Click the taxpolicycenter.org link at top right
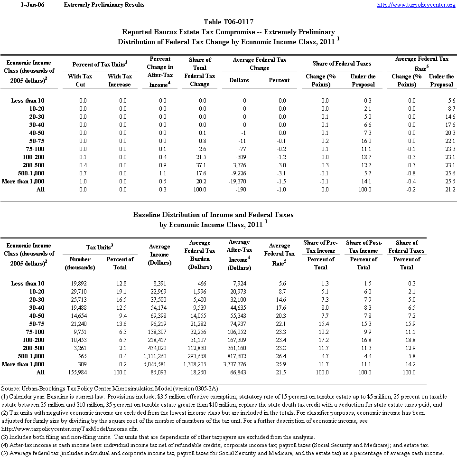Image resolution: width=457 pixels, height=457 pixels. (416, 5)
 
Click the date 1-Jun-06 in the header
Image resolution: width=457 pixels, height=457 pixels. (29, 5)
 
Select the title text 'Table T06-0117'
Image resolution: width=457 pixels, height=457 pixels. (228, 22)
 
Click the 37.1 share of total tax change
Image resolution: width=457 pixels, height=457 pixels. (200, 165)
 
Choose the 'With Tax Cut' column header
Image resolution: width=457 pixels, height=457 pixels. (80, 80)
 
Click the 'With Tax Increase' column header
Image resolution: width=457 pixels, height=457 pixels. (120, 80)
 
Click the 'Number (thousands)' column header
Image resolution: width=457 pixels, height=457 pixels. (80, 263)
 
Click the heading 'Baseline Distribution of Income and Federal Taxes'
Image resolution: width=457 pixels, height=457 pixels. (213, 215)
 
